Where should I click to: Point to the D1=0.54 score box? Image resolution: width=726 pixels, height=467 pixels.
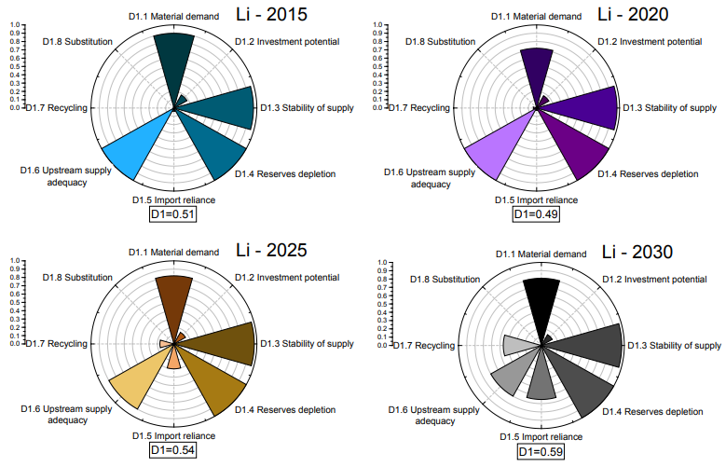pyautogui.click(x=172, y=450)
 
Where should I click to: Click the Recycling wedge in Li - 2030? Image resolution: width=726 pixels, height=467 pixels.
pyautogui.click(x=517, y=346)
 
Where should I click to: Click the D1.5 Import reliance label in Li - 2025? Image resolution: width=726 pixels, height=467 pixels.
pyautogui.click(x=172, y=435)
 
